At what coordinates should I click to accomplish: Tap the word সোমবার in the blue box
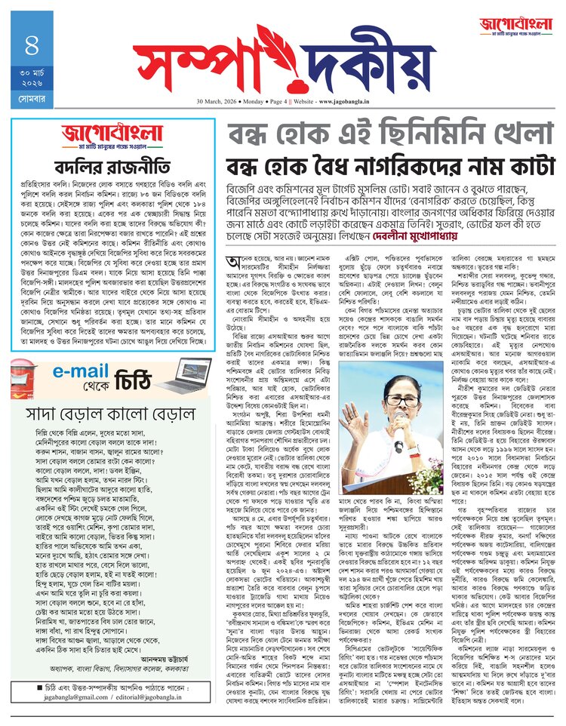[x=31, y=99]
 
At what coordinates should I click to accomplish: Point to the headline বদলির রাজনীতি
[x=112, y=166]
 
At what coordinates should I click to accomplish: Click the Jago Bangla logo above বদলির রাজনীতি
[x=111, y=137]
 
